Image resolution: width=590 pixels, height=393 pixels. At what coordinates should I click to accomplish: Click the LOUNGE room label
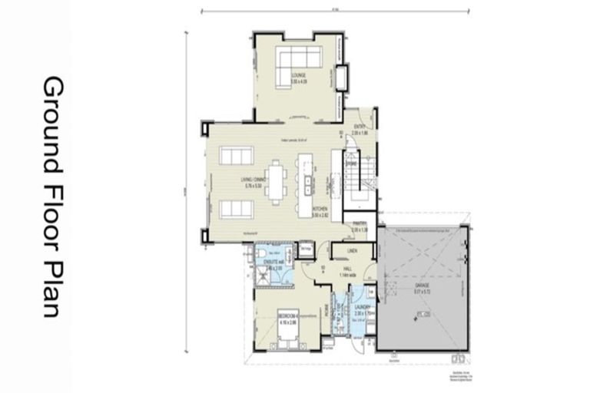tap(298, 75)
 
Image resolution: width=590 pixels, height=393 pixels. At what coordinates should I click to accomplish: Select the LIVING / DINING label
tap(253, 181)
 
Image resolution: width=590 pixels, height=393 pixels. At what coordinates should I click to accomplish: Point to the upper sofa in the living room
tap(234, 157)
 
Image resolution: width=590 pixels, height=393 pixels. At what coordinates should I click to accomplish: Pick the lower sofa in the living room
tap(234, 209)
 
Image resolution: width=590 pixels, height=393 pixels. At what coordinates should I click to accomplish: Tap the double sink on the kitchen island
tap(307, 184)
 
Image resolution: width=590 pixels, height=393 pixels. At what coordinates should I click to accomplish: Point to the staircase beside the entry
tap(359, 183)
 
